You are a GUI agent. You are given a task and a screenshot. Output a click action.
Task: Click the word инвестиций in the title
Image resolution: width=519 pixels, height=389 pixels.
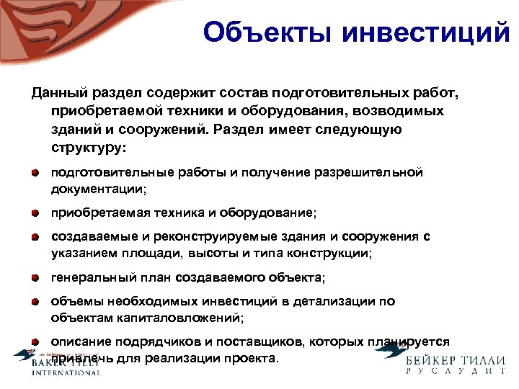coord(425,33)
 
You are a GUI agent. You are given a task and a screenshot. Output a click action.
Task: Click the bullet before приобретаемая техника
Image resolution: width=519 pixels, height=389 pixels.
coord(35,214)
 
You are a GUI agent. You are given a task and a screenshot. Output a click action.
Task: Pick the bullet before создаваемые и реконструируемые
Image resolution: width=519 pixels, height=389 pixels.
coord(35,237)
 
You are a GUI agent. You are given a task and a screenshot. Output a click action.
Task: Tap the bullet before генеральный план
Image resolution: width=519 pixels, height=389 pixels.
coord(35,277)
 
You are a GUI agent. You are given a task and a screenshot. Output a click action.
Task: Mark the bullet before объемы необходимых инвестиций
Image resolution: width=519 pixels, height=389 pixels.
coord(35,301)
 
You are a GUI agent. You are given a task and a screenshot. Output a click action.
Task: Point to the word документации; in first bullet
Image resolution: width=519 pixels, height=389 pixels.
coord(98,189)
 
